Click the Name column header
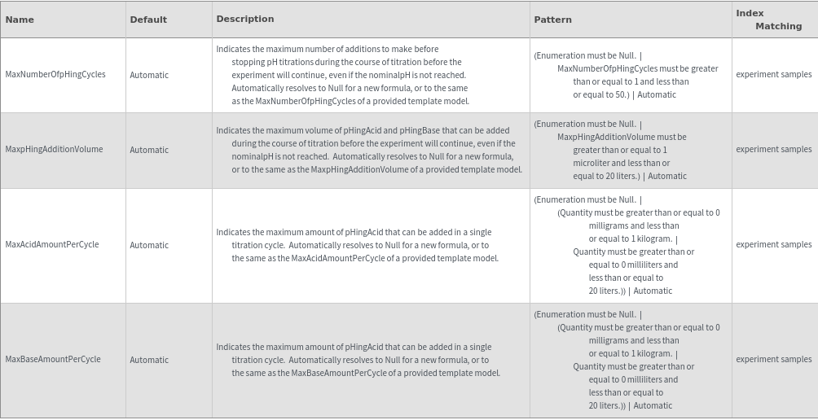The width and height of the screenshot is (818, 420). (20, 20)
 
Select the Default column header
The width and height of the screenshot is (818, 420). (148, 20)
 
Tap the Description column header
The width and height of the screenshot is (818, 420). (245, 19)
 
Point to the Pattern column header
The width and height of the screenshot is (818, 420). (553, 20)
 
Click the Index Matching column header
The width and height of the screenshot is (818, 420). (768, 20)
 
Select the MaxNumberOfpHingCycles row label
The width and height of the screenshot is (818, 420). (55, 75)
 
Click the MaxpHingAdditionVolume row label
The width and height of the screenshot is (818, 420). (54, 150)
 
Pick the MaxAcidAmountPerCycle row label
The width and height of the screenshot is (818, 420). (52, 245)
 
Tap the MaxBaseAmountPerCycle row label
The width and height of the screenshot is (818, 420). (53, 360)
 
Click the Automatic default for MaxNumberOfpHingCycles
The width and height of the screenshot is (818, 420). (149, 75)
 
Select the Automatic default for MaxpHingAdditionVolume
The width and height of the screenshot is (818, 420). (149, 150)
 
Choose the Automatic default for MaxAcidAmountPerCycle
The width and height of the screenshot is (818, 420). (149, 245)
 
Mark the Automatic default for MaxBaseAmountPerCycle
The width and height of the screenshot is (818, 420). (149, 360)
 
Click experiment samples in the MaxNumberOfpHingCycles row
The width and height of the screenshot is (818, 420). (774, 75)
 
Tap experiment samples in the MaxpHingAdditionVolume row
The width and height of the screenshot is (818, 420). (774, 150)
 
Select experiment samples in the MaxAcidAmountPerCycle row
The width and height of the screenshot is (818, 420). (774, 245)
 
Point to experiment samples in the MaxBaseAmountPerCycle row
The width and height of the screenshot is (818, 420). (774, 360)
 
